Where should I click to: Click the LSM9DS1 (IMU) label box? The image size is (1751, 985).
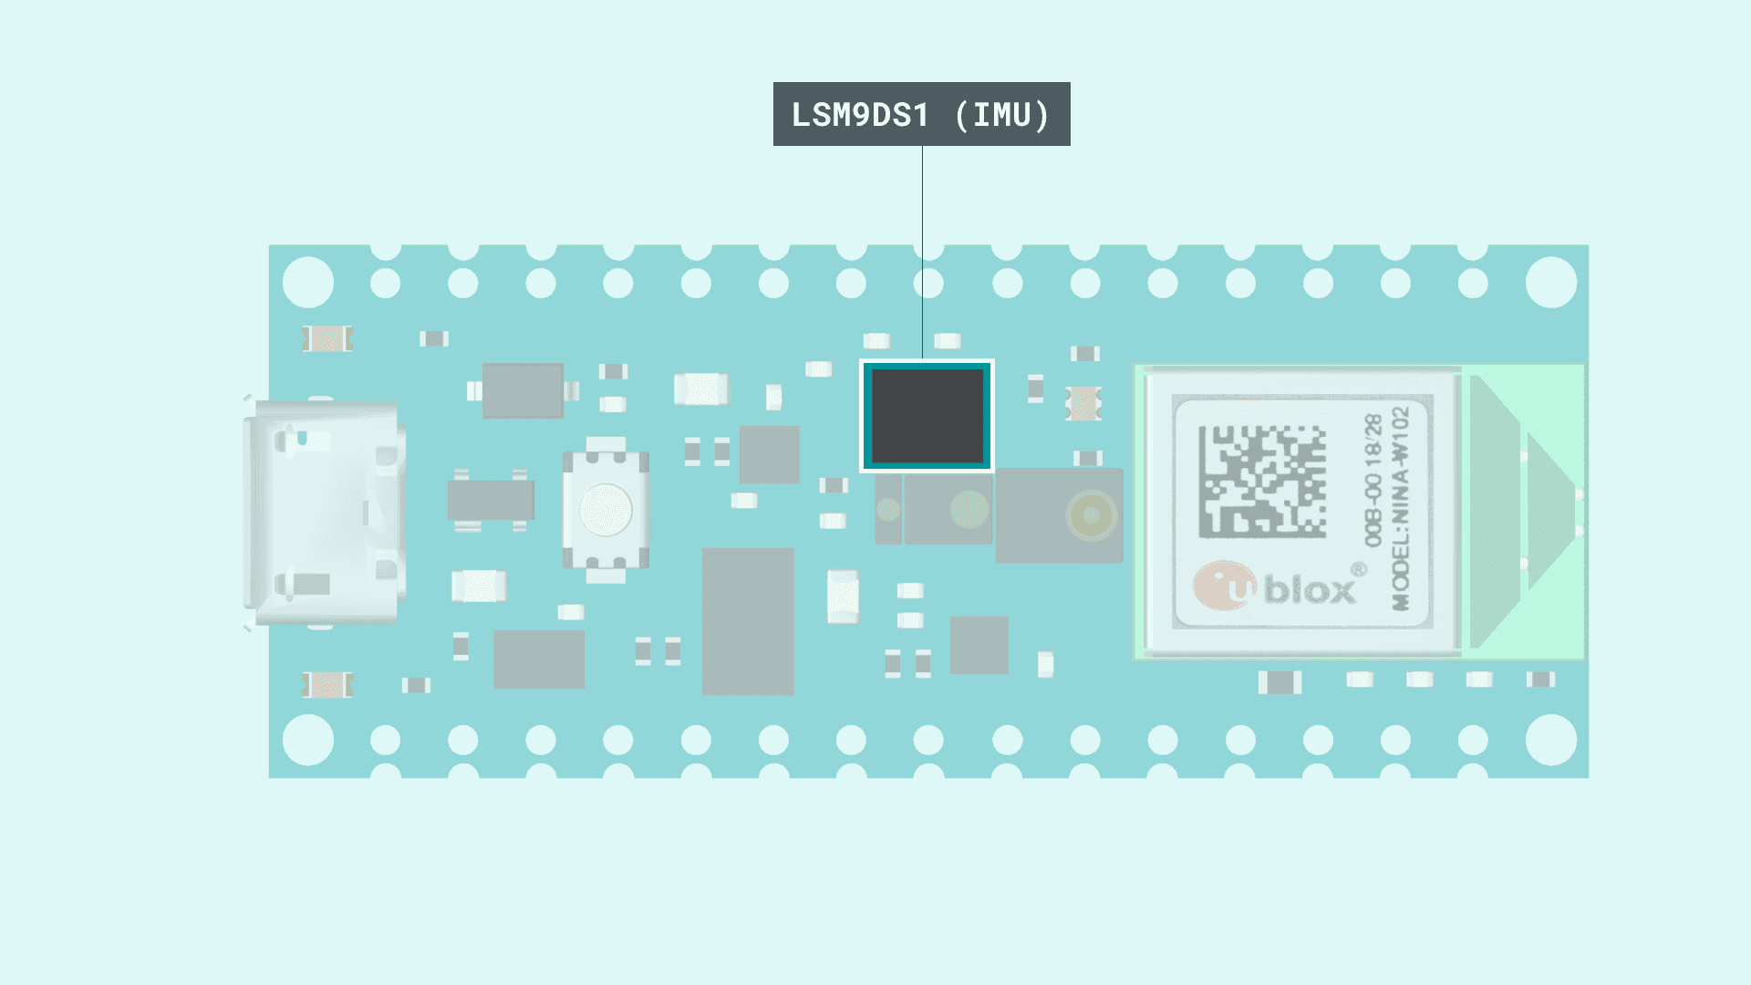pos(921,114)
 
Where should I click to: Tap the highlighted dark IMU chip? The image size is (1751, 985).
pos(927,416)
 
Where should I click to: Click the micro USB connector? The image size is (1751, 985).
pos(324,513)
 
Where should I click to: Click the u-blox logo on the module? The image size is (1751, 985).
pos(1277,587)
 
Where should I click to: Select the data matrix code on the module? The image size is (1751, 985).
pos(1262,481)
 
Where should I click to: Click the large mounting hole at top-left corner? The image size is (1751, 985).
pos(308,282)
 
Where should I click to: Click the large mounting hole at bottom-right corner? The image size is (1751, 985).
pos(1550,739)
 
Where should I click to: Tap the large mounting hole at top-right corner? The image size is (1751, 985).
pos(1550,282)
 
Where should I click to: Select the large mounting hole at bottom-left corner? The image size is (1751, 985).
pos(308,739)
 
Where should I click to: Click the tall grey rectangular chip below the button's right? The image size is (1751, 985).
pos(748,621)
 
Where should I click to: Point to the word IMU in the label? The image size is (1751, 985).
pos(1002,115)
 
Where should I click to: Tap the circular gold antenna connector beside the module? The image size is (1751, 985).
pos(1091,515)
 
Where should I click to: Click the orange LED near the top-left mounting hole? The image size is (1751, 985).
pos(327,338)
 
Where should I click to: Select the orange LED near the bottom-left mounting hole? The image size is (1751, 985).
pos(327,684)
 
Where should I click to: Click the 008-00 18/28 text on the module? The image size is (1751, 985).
pos(1373,481)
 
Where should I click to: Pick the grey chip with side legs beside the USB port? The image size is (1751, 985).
pos(491,501)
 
